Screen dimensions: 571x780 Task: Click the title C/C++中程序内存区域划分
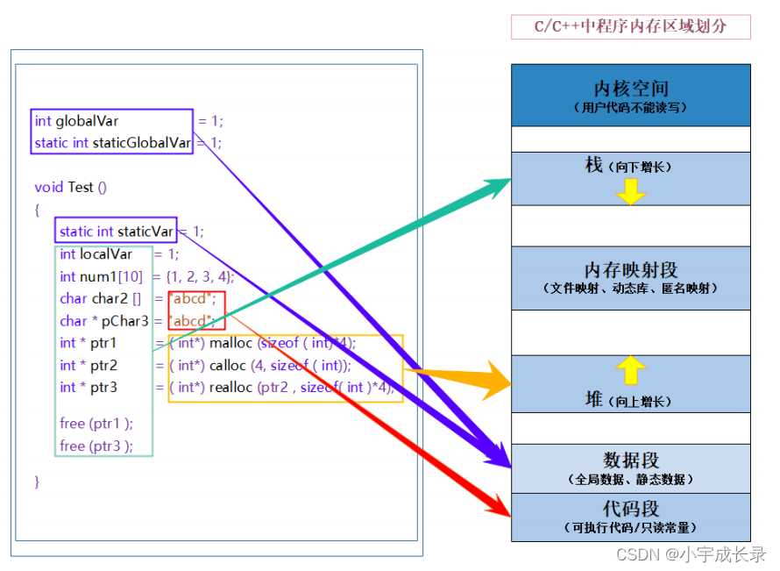[x=630, y=26]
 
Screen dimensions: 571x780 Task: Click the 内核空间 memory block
[x=630, y=95]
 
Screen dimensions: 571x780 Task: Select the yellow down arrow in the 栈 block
[x=630, y=191]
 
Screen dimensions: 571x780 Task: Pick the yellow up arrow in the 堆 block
[x=630, y=370]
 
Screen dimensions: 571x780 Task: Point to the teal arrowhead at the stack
[x=496, y=187]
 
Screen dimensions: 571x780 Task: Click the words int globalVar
[x=76, y=121]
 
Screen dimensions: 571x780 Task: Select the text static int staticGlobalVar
[x=112, y=142]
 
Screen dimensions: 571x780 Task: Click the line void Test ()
[x=70, y=187]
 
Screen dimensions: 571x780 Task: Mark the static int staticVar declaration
[x=116, y=232]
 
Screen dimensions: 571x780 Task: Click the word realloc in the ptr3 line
[x=231, y=388]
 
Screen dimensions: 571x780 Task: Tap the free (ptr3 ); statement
[x=96, y=446]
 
